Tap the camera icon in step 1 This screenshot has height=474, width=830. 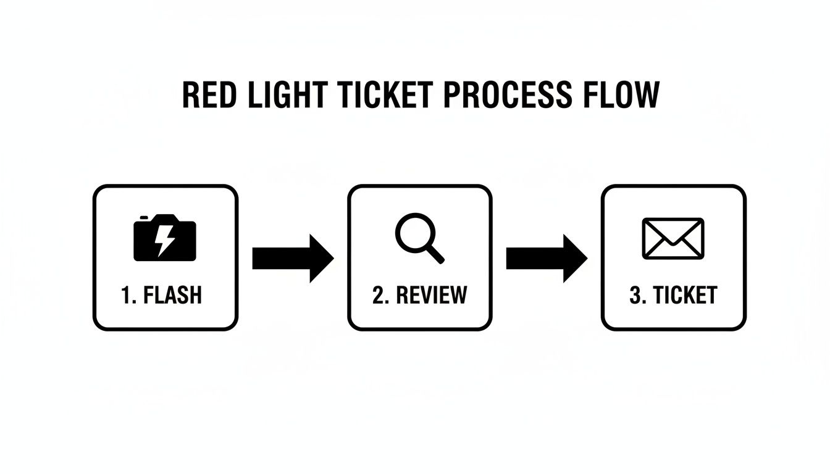point(165,238)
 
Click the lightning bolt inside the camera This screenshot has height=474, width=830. point(164,241)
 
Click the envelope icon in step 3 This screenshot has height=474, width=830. point(673,238)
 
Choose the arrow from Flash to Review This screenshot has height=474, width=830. point(293,258)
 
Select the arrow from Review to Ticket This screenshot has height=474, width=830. point(547,258)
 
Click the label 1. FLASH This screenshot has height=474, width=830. point(162,295)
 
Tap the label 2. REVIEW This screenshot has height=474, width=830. point(420,295)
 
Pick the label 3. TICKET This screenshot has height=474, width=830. point(673,295)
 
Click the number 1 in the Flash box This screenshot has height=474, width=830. point(127,295)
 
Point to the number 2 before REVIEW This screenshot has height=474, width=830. point(379,295)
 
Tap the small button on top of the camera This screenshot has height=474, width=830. point(145,217)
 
